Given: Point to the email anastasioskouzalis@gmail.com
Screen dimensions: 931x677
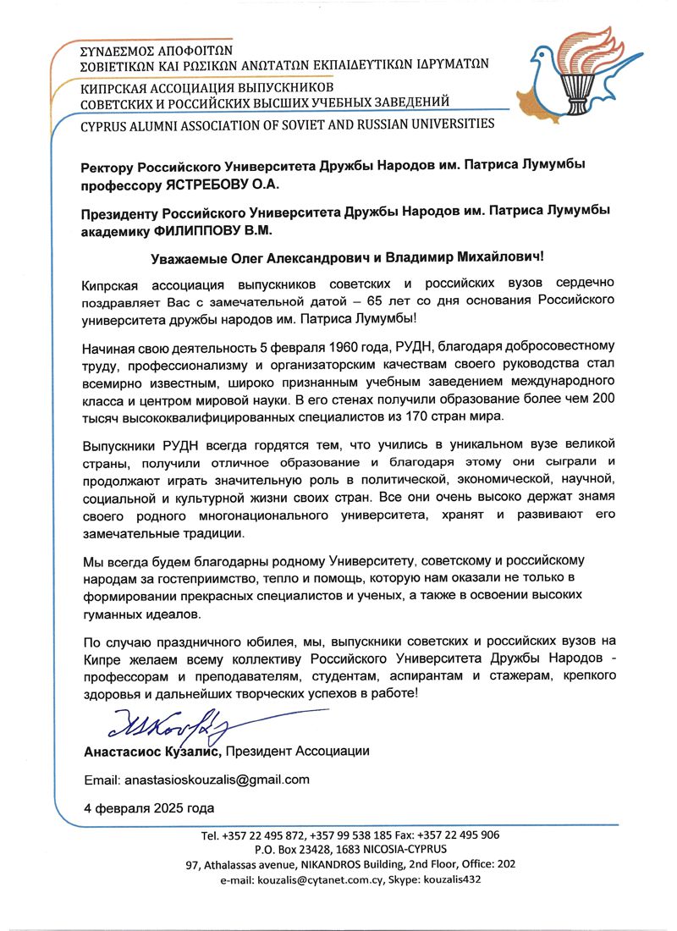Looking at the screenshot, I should pyautogui.click(x=216, y=779).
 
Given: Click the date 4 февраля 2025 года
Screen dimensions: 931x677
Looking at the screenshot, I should pyautogui.click(x=149, y=806).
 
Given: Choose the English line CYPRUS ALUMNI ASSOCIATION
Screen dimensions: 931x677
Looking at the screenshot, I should pyautogui.click(x=287, y=124).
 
